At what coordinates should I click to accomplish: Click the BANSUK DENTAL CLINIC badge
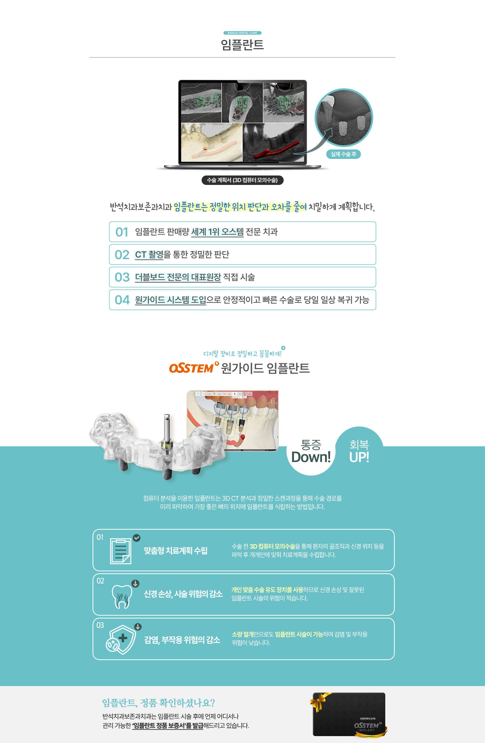242,33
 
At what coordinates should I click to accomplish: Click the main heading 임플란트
242,45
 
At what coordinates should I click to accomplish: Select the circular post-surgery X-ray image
344,118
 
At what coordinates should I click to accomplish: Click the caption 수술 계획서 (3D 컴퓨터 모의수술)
242,180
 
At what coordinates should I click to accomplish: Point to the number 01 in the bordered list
122,232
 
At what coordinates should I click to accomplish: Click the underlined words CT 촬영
149,255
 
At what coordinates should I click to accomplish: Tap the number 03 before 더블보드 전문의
122,277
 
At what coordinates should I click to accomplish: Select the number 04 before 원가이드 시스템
122,300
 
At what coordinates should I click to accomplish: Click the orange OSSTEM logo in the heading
193,368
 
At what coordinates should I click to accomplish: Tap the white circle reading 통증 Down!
311,451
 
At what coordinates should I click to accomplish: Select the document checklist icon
121,551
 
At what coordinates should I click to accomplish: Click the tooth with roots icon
122,596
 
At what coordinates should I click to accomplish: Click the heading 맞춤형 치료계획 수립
176,551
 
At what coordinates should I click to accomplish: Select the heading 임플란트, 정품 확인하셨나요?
159,703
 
